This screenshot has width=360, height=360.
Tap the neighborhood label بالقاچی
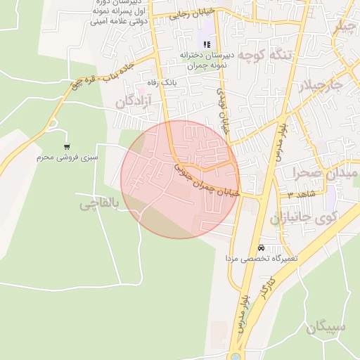[x=98, y=205]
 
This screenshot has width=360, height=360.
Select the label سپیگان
[x=326, y=326]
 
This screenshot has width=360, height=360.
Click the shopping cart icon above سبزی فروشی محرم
[x=67, y=146]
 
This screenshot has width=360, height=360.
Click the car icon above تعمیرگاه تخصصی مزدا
[x=261, y=247]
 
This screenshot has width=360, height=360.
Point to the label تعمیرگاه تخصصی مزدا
[x=262, y=259]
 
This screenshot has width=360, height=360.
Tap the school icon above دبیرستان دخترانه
[x=206, y=44]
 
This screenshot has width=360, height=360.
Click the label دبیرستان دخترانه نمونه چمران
[x=204, y=60]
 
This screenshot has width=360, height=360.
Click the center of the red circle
[x=180, y=179]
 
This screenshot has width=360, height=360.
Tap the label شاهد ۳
[x=300, y=193]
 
